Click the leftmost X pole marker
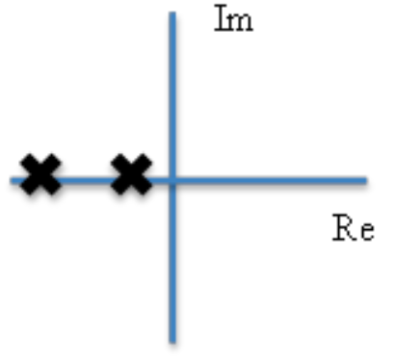pyautogui.click(x=40, y=175)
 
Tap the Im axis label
pyautogui.click(x=233, y=20)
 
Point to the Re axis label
pyautogui.click(x=353, y=230)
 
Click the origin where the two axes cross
pyautogui.click(x=172, y=179)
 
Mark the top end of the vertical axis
pyautogui.click(x=172, y=14)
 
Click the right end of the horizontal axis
pyautogui.click(x=365, y=179)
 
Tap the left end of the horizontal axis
pyautogui.click(x=13, y=179)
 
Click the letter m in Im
pyautogui.click(x=241, y=22)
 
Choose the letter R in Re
pyautogui.click(x=343, y=229)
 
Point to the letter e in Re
pyautogui.click(x=364, y=233)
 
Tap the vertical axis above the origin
pyautogui.click(x=172, y=96)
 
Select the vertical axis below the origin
pyautogui.click(x=172, y=260)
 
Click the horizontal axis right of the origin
pyautogui.click(x=270, y=179)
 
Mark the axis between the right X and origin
pyautogui.click(x=159, y=179)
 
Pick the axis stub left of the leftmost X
pyautogui.click(x=16, y=179)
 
